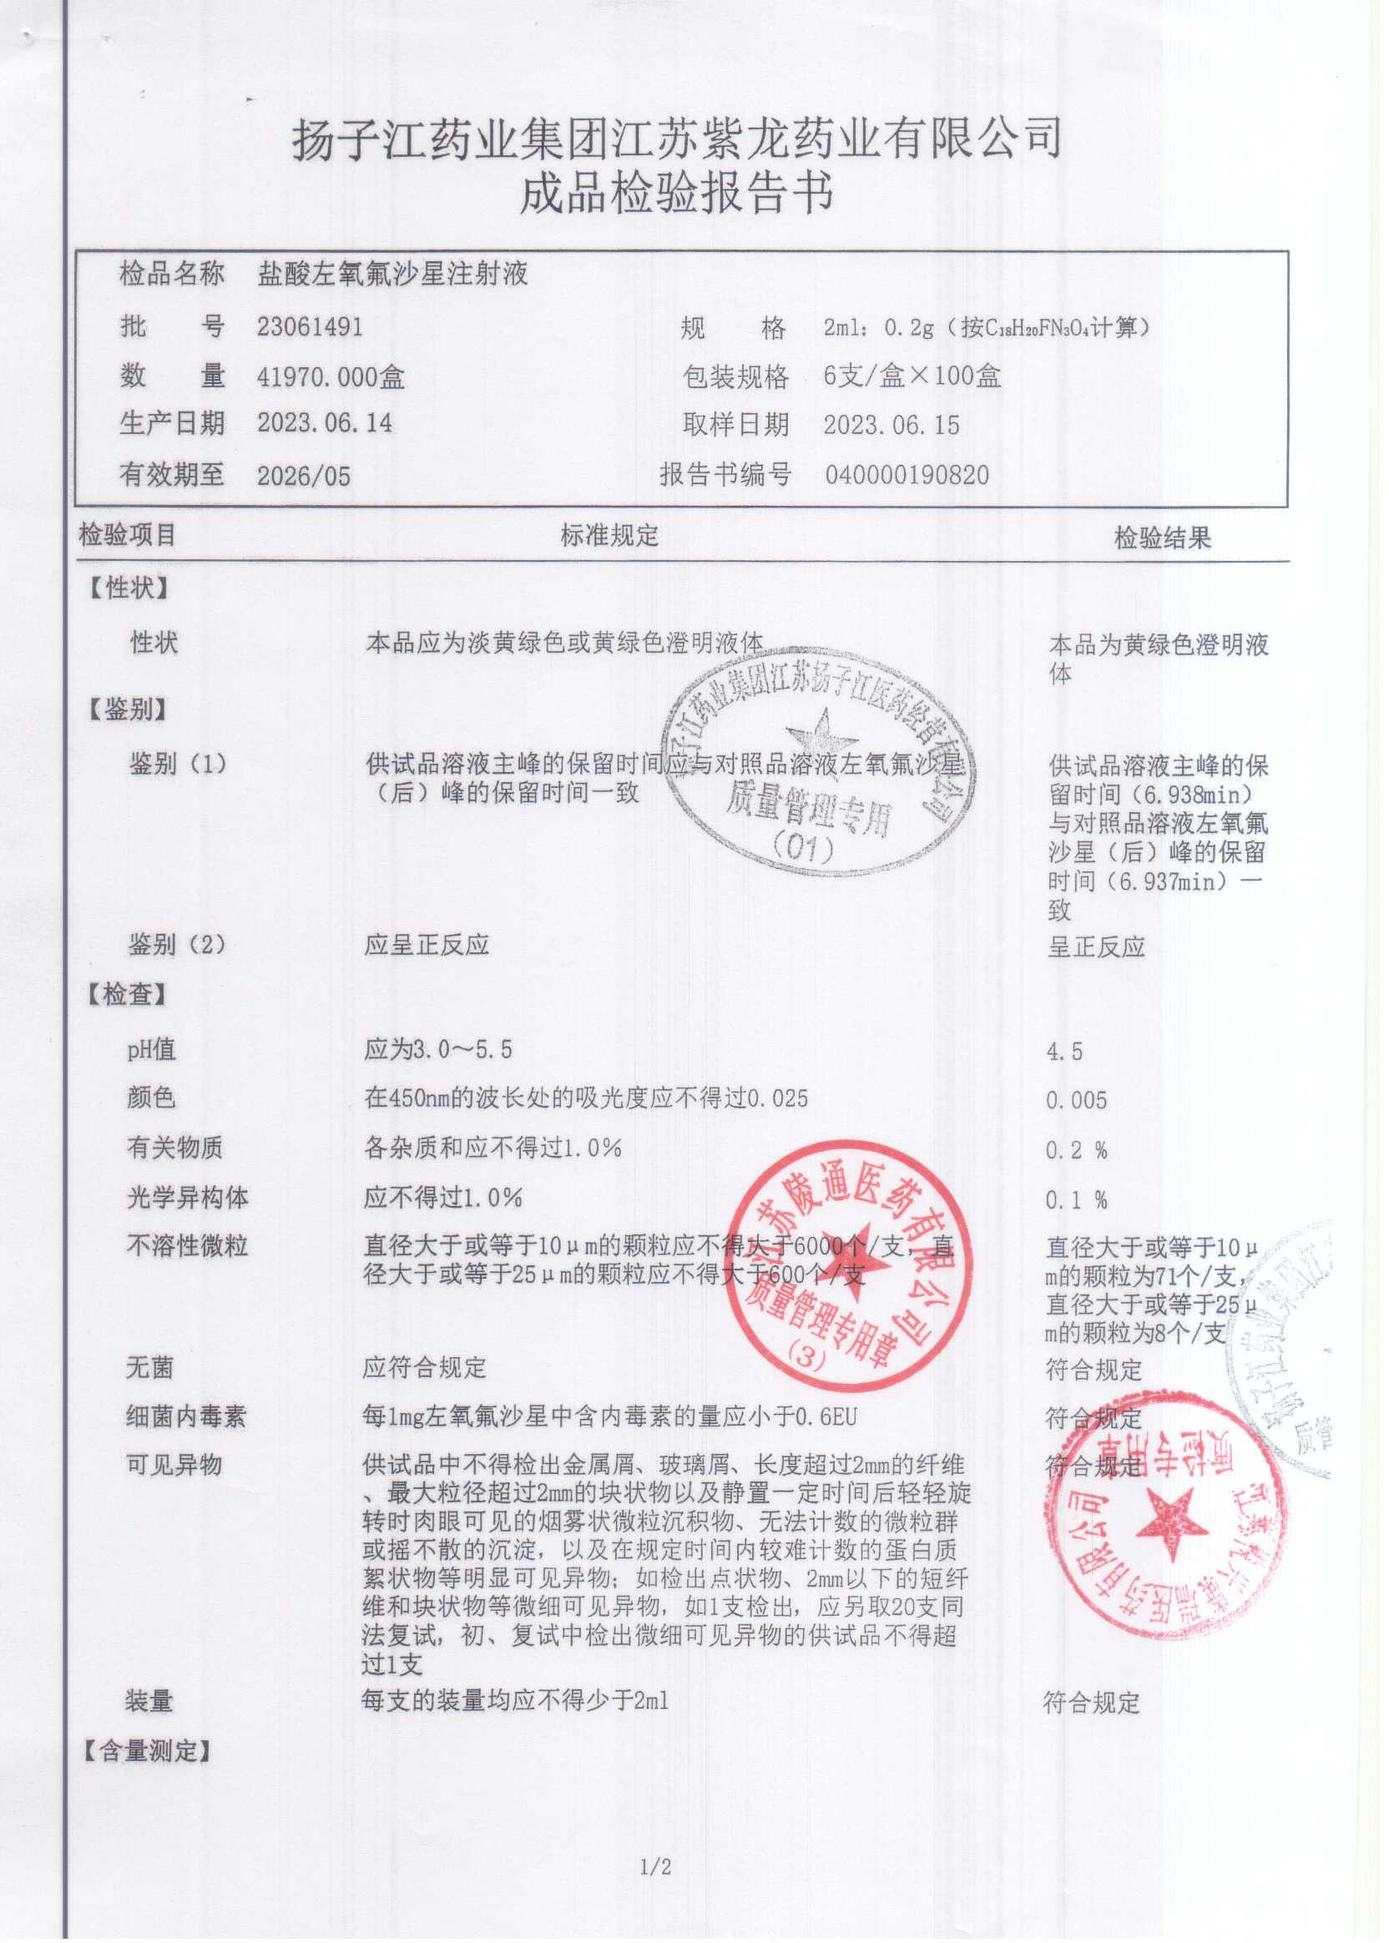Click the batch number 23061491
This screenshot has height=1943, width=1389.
pyautogui.click(x=310, y=326)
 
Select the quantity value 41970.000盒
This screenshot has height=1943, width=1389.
pyautogui.click(x=331, y=376)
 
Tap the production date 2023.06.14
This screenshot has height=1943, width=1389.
pyautogui.click(x=324, y=423)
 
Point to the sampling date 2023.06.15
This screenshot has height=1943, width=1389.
pyautogui.click(x=891, y=425)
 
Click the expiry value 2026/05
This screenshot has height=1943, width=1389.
pyautogui.click(x=304, y=476)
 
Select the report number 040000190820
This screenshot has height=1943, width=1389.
pyautogui.click(x=907, y=475)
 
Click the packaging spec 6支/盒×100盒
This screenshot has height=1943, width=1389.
pyautogui.click(x=912, y=376)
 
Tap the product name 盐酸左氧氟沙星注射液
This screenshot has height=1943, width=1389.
pyautogui.click(x=392, y=275)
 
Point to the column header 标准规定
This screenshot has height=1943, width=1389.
pyautogui.click(x=609, y=536)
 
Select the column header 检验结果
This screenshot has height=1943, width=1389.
pyautogui.click(x=1162, y=538)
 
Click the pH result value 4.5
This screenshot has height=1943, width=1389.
pyautogui.click(x=1064, y=1051)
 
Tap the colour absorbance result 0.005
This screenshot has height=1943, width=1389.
pyautogui.click(x=1076, y=1100)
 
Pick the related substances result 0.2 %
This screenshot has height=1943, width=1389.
pyautogui.click(x=1076, y=1150)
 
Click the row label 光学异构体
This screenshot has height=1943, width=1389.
pyautogui.click(x=187, y=1199)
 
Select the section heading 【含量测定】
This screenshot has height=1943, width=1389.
pyautogui.click(x=146, y=1751)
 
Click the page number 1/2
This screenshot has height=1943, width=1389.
pyautogui.click(x=656, y=1867)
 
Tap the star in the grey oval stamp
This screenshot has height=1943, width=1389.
pyautogui.click(x=821, y=736)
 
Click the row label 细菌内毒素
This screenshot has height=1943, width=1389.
pyautogui.click(x=185, y=1417)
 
